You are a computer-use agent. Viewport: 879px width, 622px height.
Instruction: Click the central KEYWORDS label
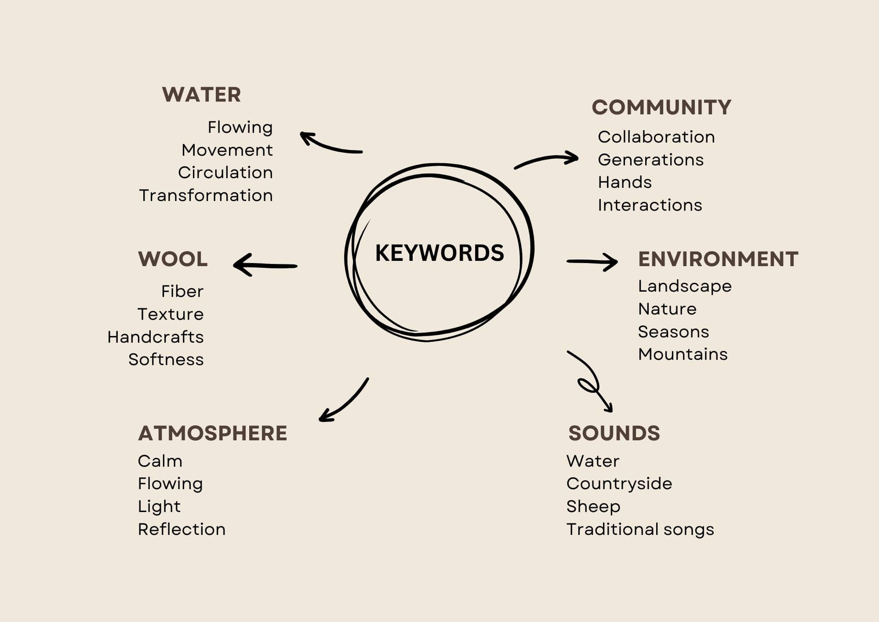click(439, 253)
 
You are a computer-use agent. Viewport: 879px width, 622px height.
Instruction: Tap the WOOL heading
click(173, 259)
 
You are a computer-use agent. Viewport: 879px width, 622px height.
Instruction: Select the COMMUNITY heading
click(661, 107)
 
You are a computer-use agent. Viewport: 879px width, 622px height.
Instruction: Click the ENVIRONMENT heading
click(718, 259)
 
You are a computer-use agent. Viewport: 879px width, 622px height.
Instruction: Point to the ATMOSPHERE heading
click(212, 433)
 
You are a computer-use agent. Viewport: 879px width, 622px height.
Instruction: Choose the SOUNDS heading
click(614, 433)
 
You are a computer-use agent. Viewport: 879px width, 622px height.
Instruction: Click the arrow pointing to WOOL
click(265, 265)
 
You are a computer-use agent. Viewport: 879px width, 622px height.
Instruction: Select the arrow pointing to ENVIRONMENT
click(592, 262)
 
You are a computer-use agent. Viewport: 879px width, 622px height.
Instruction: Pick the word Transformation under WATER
click(206, 195)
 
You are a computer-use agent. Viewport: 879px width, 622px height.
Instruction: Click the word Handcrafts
click(156, 337)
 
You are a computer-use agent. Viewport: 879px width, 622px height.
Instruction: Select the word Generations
click(650, 160)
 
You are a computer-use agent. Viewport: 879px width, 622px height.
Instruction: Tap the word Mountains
click(683, 354)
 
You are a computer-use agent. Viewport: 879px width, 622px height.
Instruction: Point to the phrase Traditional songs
click(640, 529)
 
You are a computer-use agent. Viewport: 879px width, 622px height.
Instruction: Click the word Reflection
click(182, 529)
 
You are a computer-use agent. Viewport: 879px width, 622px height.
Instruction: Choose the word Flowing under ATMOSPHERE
click(170, 484)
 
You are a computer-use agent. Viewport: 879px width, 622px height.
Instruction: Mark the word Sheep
click(593, 507)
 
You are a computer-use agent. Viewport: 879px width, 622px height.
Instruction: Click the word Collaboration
click(656, 137)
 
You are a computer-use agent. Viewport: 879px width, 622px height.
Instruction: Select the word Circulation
click(225, 172)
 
